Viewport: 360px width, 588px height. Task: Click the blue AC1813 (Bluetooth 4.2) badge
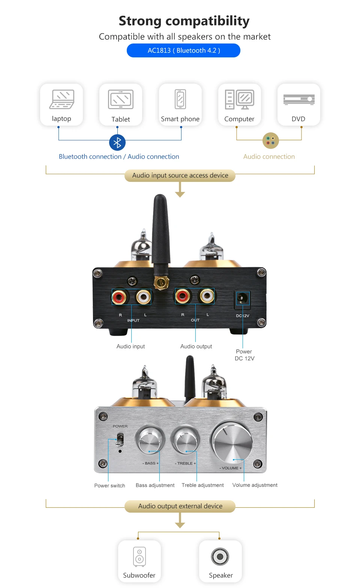pos(183,50)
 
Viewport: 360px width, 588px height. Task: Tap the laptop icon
pos(62,99)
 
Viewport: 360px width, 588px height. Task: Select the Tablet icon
pos(121,99)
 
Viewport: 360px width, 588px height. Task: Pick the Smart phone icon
pos(180,99)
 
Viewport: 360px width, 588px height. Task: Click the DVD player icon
pos(299,99)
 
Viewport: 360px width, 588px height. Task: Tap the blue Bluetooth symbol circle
pos(117,142)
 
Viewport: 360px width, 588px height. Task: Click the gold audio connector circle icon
pos(271,141)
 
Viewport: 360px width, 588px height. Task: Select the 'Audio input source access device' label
pos(180,175)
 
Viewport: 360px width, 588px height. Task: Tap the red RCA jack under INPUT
pos(119,297)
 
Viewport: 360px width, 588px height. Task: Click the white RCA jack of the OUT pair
pos(207,296)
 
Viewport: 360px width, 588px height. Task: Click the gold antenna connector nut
pos(161,282)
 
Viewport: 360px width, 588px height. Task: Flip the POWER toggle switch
pos(120,439)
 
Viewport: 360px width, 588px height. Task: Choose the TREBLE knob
pos(185,439)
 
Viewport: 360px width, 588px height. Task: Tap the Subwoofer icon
pos(139,556)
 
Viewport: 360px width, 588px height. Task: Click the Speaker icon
pos(220,556)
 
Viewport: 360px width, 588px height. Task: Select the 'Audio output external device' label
pos(180,506)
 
